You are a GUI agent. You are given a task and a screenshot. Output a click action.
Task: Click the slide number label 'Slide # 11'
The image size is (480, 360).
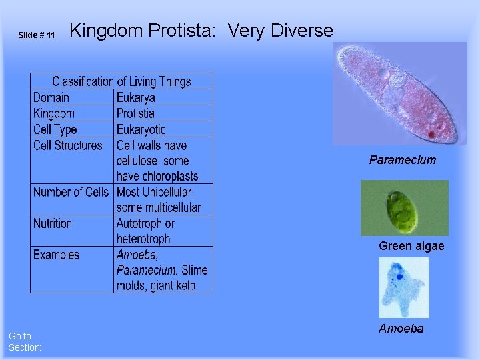(x=37, y=35)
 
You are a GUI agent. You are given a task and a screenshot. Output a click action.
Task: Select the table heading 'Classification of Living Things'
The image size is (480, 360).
(x=121, y=81)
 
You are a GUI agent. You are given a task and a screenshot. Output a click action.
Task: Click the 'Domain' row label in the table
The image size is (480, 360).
(x=51, y=97)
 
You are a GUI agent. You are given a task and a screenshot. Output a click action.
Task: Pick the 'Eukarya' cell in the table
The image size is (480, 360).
(x=135, y=97)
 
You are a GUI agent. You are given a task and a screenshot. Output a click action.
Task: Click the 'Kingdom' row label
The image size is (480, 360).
(x=54, y=113)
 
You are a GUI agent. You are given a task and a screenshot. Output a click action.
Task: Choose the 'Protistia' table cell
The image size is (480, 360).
(x=135, y=113)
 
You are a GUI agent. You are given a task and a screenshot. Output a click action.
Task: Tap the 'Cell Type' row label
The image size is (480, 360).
(x=55, y=129)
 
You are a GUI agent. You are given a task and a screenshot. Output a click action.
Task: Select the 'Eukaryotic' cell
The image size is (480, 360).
(x=141, y=129)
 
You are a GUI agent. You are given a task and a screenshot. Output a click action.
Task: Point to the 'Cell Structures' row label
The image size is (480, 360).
(x=68, y=145)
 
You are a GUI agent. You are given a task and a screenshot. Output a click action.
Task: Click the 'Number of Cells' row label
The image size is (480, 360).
(x=71, y=192)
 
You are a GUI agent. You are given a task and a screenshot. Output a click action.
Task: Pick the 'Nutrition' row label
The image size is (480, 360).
(x=53, y=223)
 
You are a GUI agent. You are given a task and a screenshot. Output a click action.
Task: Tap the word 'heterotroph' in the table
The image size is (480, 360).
(x=143, y=239)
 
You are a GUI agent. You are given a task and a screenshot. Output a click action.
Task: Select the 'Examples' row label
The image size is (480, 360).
(x=56, y=255)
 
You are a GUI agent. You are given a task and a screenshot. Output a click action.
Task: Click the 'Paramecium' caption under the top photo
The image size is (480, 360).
(x=403, y=160)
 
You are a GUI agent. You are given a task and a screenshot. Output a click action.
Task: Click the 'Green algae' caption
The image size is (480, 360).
(x=411, y=246)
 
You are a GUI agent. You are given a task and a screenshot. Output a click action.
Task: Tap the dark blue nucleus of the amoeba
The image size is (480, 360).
(x=399, y=276)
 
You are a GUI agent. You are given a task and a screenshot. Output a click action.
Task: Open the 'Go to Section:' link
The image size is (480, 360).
(x=25, y=341)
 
